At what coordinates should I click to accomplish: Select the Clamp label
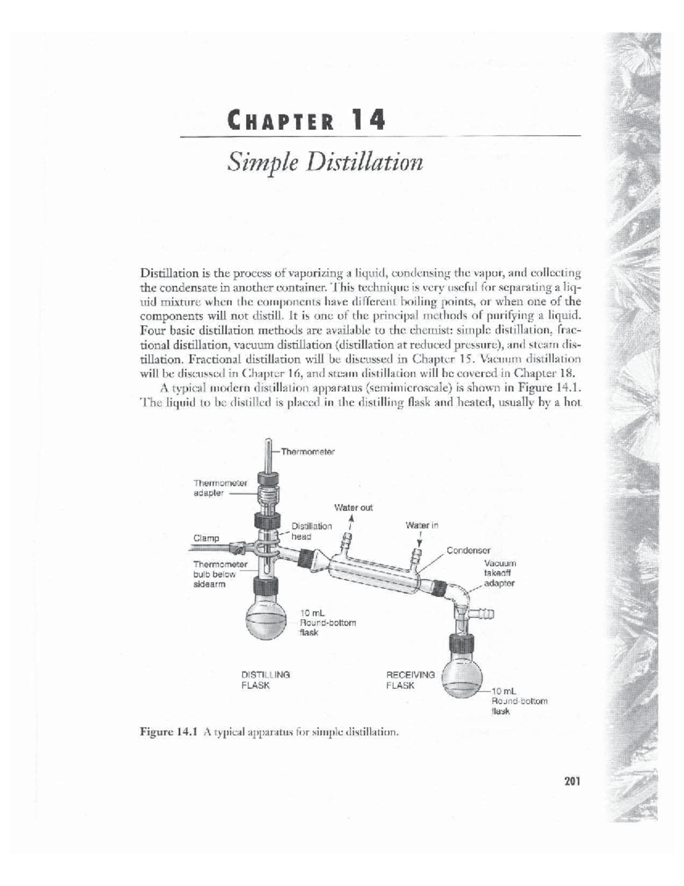(x=206, y=538)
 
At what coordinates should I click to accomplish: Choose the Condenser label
(x=469, y=551)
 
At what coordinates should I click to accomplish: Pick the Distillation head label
(x=311, y=531)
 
